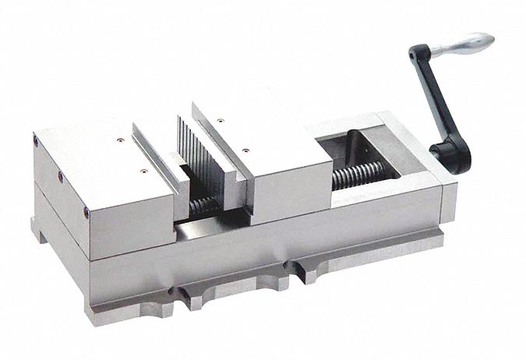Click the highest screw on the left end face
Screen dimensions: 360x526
(x=36, y=141)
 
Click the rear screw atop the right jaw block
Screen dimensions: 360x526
(x=223, y=120)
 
